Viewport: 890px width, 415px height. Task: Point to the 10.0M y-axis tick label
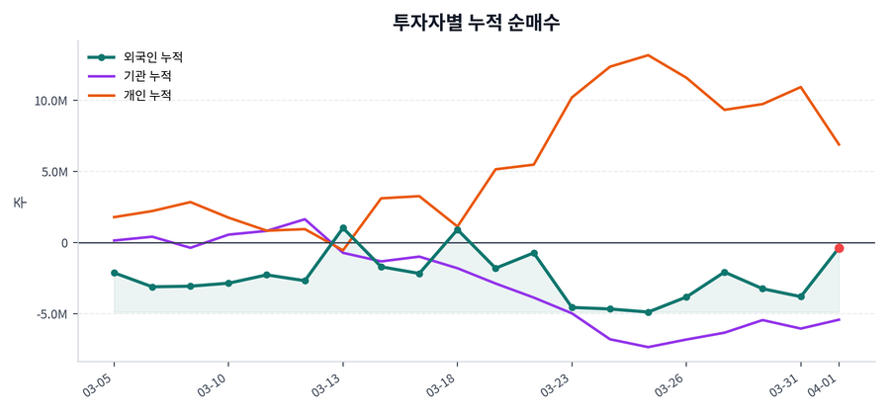point(50,101)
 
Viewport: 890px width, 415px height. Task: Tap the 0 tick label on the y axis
point(65,243)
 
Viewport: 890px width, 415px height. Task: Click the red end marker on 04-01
point(839,248)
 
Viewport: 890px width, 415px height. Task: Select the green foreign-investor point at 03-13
point(343,228)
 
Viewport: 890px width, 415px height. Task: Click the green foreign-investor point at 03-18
point(457,230)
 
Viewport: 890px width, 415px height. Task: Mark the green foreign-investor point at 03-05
point(114,273)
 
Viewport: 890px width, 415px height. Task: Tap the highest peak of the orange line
point(648,55)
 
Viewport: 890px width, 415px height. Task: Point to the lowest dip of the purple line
point(648,347)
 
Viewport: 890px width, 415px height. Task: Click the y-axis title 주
point(19,203)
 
